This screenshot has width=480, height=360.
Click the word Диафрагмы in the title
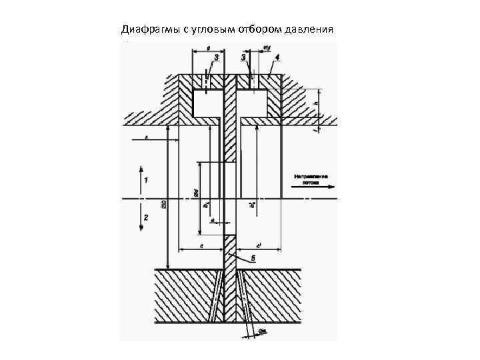[146, 29]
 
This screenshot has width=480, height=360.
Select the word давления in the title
[309, 29]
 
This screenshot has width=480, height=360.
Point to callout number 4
[277, 58]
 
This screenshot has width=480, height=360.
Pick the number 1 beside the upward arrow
[145, 181]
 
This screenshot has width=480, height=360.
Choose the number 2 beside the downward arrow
[145, 217]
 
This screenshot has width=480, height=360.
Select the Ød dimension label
[196, 193]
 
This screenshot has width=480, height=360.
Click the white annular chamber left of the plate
[207, 101]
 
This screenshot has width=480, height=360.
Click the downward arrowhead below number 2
[141, 228]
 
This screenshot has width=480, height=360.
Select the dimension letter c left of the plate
[201, 245]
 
